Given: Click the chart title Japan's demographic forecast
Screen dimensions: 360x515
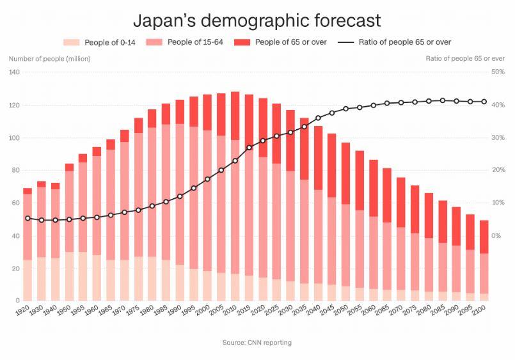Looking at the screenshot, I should tap(257, 20).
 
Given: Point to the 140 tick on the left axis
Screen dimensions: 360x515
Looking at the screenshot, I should tap(15, 72).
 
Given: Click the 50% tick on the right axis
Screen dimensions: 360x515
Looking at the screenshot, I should tap(498, 72).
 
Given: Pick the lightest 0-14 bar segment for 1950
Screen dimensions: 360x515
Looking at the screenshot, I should tap(69, 276).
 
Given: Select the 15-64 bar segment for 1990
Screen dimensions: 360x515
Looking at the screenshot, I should tap(180, 192).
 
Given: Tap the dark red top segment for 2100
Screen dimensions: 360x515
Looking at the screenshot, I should tap(484, 237).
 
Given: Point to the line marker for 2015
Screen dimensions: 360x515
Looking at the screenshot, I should tap(250, 148).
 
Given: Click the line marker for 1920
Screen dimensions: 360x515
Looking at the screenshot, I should tap(28, 218).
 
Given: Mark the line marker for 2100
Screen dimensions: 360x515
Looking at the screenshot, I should tap(484, 102).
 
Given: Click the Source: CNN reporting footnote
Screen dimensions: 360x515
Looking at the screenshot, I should tap(257, 343).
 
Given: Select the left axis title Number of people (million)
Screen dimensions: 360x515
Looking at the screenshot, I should tap(49, 59).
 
